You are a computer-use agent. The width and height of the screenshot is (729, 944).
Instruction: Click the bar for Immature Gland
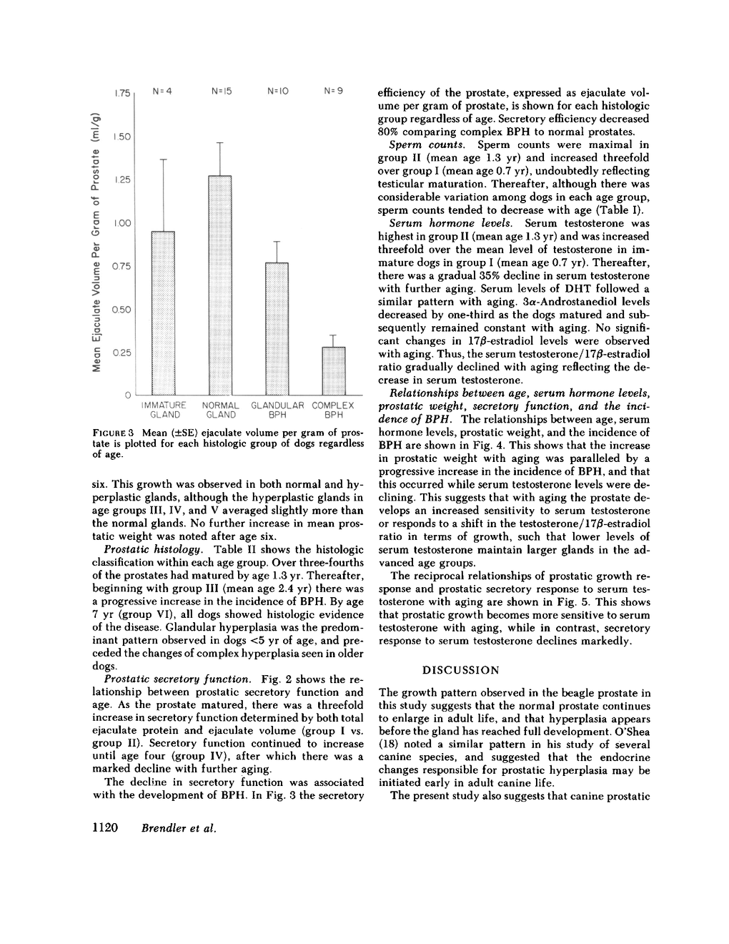(x=164, y=313)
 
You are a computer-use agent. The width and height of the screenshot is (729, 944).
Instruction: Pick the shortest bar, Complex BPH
(x=333, y=370)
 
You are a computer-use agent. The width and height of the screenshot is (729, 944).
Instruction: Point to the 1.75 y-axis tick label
(x=122, y=94)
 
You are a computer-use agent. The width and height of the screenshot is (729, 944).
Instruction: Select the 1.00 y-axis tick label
(x=122, y=223)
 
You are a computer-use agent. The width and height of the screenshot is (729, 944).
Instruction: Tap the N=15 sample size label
(x=222, y=92)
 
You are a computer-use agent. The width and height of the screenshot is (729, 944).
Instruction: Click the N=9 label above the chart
(x=333, y=92)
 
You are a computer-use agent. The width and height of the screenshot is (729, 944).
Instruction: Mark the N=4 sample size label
(x=163, y=92)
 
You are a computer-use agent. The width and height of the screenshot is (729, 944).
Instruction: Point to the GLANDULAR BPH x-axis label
(x=277, y=410)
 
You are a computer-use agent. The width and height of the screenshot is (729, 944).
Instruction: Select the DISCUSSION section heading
(x=461, y=670)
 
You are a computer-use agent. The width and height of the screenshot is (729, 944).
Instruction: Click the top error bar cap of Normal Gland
(x=220, y=143)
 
